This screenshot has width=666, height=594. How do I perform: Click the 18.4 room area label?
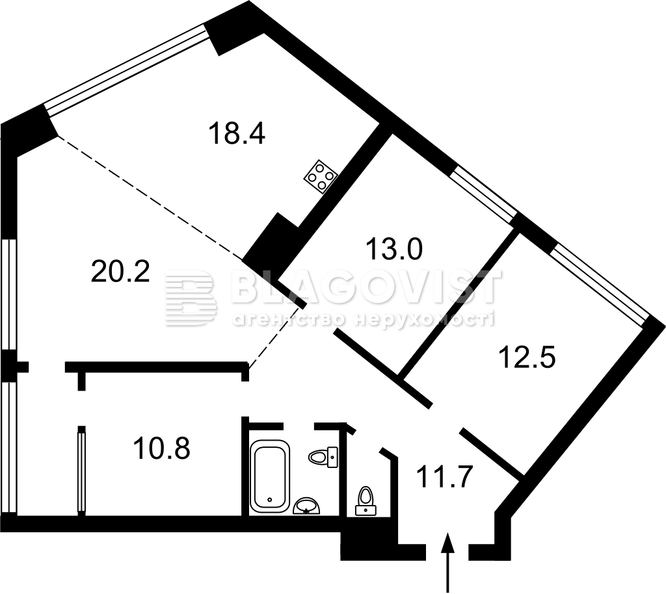(237, 133)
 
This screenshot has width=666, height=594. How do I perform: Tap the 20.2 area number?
(120, 271)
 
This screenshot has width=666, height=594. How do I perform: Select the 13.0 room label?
(394, 249)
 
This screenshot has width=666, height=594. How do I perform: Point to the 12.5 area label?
(527, 357)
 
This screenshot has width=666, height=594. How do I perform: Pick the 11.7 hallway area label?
(445, 476)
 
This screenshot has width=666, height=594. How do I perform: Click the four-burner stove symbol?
(321, 177)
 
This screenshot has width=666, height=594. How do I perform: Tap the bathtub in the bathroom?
(270, 476)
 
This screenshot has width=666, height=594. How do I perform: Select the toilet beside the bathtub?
(323, 457)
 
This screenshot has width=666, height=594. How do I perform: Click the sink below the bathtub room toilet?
(307, 506)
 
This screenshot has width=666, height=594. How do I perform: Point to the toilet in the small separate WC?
(366, 500)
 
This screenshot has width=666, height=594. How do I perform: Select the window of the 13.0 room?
(484, 194)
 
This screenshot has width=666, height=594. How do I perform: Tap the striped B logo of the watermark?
(191, 298)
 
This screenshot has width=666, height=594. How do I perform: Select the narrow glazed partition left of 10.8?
(81, 471)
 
